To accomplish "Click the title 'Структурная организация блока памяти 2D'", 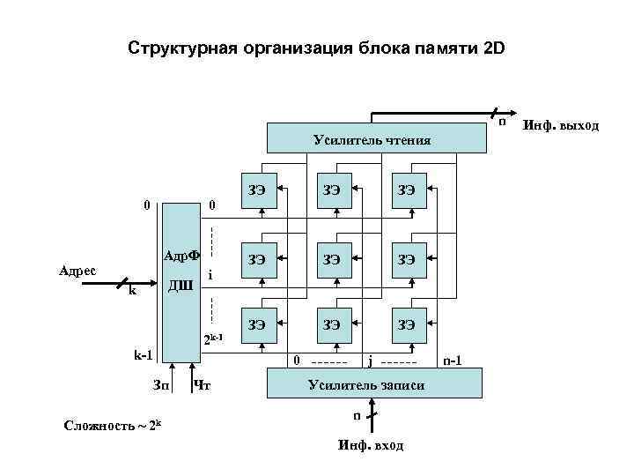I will tap(317, 47).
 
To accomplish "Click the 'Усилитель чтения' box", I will tap(372, 139).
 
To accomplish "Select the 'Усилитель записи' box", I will tap(373, 384).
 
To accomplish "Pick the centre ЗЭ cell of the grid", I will tap(333, 259).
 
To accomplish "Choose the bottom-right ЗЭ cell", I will tap(407, 326).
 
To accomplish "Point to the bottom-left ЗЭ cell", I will tap(257, 326).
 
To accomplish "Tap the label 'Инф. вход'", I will tap(371, 445).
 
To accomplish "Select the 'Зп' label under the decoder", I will tap(161, 384).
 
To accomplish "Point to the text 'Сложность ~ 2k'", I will tap(113, 427).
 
